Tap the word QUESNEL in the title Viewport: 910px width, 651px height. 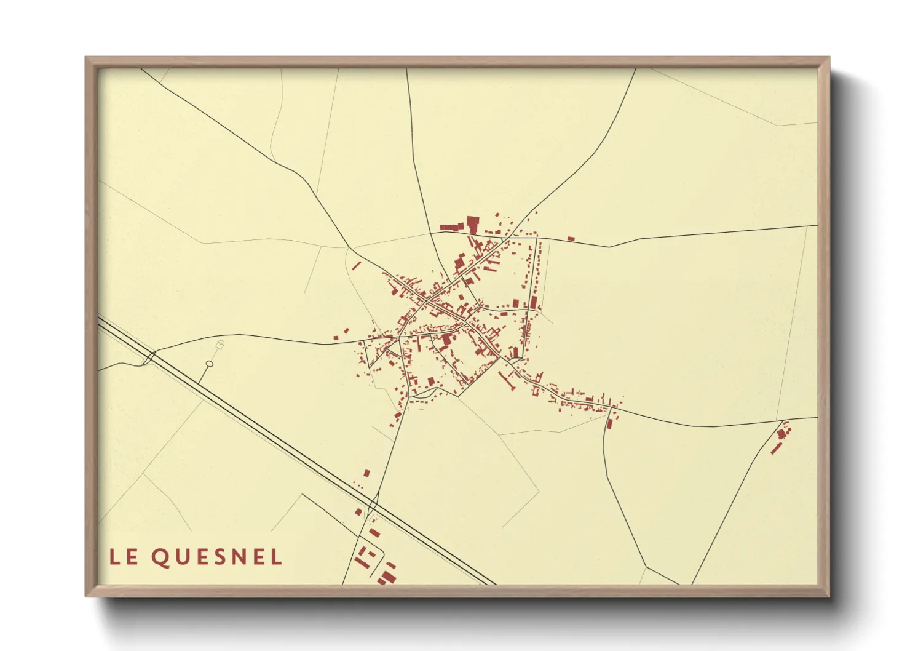click(216, 557)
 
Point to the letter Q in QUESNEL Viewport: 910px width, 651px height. click(160, 557)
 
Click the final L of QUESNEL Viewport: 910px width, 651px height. click(276, 557)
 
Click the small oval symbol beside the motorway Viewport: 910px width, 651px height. click(209, 364)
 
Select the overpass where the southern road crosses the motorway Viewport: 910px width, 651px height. click(372, 506)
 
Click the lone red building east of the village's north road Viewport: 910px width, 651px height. click(571, 238)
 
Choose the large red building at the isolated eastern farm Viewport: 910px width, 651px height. click(781, 434)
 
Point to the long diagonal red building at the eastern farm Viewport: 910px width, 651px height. click(776, 448)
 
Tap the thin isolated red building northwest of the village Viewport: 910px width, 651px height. click(356, 265)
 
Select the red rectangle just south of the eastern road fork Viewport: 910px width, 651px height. click(609, 423)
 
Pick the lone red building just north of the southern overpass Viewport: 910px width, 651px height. click(367, 473)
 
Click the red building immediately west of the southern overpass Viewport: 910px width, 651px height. click(358, 511)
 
